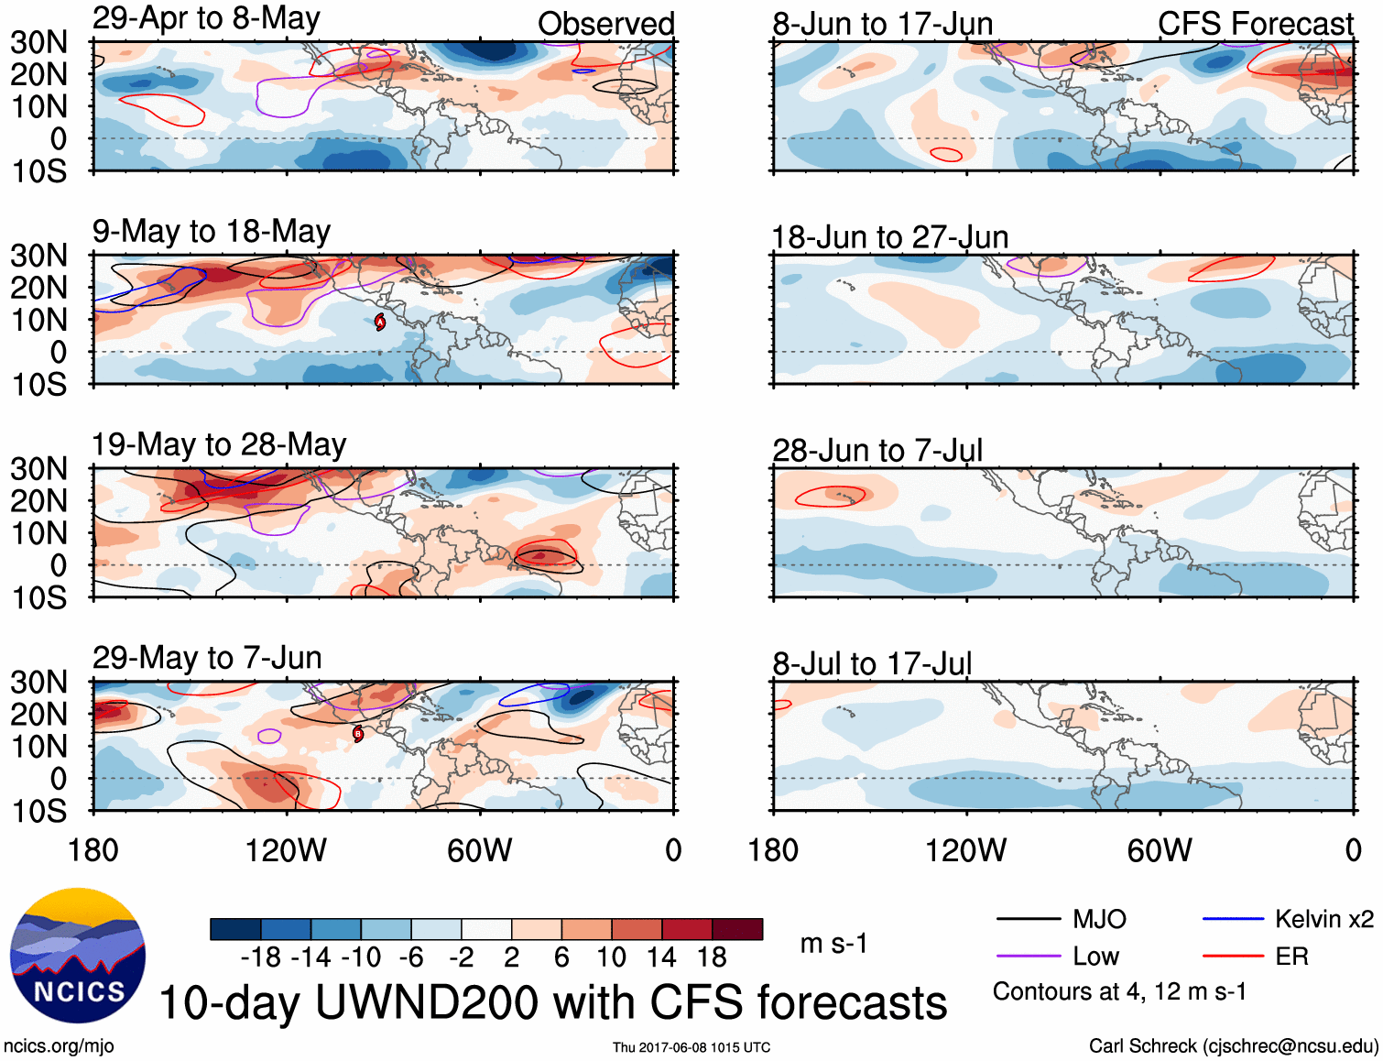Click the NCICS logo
click(78, 956)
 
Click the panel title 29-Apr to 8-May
click(206, 18)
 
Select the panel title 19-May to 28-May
click(218, 445)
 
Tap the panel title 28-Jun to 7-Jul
click(877, 451)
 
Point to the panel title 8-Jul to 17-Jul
click(871, 663)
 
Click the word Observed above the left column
click(605, 24)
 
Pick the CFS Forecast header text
click(1255, 24)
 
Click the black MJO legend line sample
click(1028, 919)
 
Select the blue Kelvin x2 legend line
click(1233, 919)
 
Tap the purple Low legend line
click(1028, 957)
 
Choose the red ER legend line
click(1233, 957)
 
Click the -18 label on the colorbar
click(261, 957)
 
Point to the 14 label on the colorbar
click(660, 957)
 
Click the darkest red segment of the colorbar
click(737, 929)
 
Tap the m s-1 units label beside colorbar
click(833, 943)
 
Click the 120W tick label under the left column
click(286, 850)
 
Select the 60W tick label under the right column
click(1160, 850)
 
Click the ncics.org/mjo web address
click(59, 1045)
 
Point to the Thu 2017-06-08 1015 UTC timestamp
click(691, 1047)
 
